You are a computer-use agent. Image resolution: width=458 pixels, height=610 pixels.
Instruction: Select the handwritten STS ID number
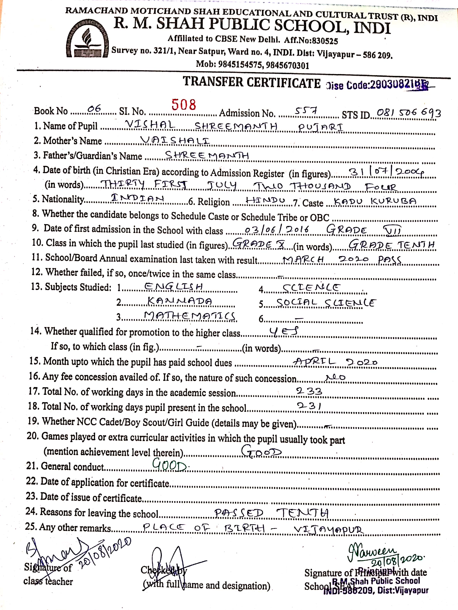(409, 112)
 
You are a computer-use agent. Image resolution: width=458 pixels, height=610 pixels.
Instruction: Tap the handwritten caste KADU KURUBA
(375, 202)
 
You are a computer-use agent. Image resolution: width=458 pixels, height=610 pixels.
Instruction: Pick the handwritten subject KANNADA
(180, 301)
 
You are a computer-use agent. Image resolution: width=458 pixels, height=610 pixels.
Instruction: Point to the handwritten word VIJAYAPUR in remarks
(329, 529)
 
